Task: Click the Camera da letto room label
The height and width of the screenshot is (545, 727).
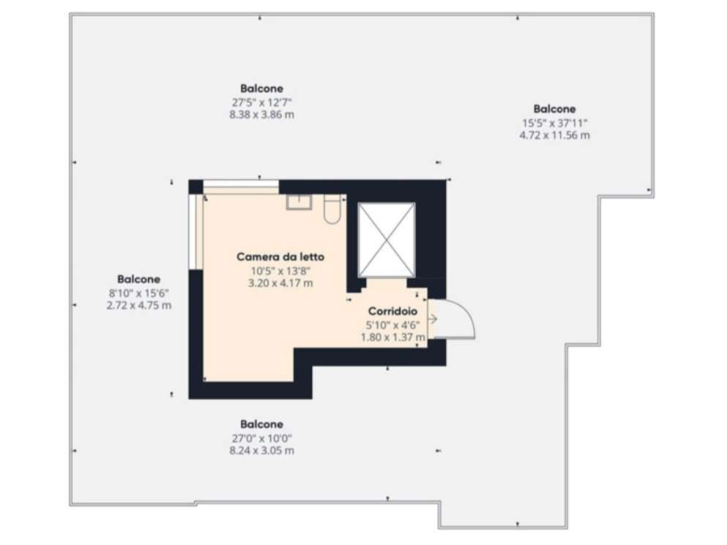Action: click(280, 256)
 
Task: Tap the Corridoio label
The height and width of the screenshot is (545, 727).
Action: click(392, 311)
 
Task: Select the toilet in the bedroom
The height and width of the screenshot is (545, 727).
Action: click(332, 210)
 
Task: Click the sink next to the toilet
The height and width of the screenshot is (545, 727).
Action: click(299, 201)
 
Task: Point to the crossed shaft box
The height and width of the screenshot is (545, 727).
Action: click(387, 240)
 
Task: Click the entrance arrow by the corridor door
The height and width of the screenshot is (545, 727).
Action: click(432, 319)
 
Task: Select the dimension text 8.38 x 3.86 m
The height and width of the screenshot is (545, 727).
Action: click(261, 114)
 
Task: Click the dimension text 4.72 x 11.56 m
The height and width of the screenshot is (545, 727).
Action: click(554, 135)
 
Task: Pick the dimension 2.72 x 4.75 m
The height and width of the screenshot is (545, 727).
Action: click(138, 305)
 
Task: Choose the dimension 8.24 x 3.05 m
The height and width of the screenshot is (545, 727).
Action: click(261, 451)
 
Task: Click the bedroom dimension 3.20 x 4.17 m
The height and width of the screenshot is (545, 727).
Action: click(280, 283)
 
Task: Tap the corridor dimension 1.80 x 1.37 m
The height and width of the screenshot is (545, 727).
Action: click(392, 337)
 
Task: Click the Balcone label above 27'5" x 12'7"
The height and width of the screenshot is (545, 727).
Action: click(261, 88)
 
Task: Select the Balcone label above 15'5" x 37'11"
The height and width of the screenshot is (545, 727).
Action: click(554, 109)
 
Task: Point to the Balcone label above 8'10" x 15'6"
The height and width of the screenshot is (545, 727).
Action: click(138, 279)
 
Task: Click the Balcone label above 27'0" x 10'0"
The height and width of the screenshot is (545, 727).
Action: click(261, 424)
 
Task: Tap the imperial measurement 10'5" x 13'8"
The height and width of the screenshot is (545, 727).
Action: click(280, 271)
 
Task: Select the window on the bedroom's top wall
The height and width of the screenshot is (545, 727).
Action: click(241, 187)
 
